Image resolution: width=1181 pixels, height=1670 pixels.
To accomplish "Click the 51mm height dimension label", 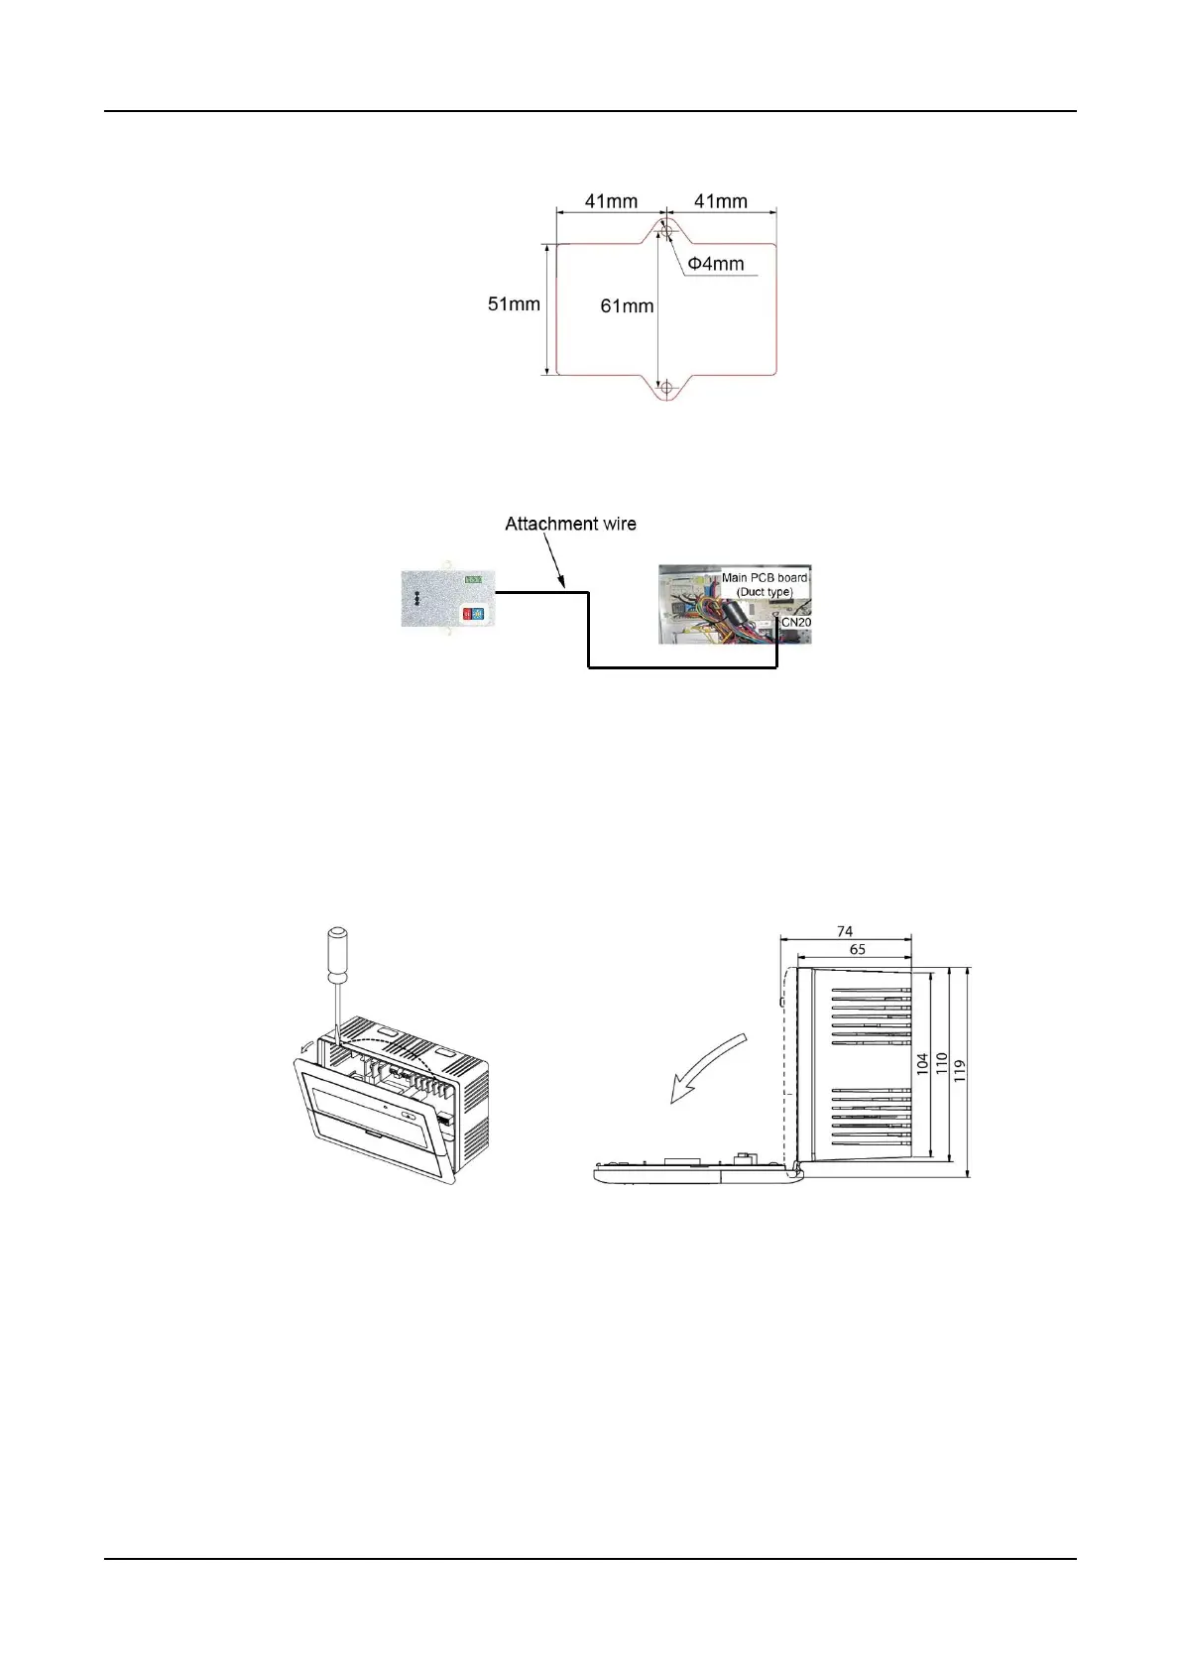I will click(513, 304).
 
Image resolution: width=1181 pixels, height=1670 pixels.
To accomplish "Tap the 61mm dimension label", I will click(627, 306).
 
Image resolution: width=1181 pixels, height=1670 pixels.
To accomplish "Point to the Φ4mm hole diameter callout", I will click(716, 264).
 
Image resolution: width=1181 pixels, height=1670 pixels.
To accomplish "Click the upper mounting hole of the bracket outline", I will click(667, 231).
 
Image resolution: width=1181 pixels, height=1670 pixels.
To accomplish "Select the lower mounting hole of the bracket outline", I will click(667, 387).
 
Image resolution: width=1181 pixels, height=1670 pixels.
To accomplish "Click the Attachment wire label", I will click(570, 524).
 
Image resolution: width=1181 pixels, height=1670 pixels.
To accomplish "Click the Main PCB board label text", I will click(764, 578).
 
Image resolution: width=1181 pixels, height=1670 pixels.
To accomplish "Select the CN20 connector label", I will click(795, 622).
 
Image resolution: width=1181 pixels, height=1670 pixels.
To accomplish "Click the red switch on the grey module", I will click(467, 614).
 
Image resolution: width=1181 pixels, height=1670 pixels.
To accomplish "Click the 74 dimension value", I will click(845, 931).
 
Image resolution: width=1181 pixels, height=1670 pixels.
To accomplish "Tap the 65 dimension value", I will click(858, 950).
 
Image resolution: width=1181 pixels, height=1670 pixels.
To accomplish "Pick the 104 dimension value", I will click(922, 1065).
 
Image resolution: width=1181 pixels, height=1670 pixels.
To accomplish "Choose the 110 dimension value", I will click(941, 1065).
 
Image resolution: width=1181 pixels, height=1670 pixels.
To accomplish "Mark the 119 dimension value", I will click(959, 1071).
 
